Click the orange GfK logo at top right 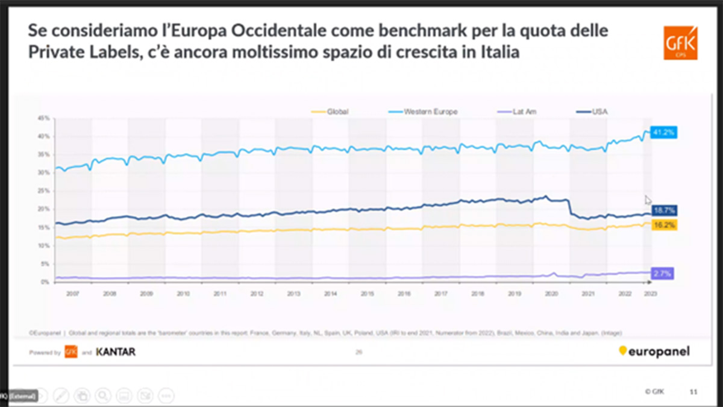tap(680, 43)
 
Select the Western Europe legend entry tap(430, 112)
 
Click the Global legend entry tap(337, 112)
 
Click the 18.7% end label tap(664, 211)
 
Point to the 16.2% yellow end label tap(664, 225)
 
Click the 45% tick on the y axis tap(43, 118)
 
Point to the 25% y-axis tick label tap(43, 191)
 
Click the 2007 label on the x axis tap(73, 294)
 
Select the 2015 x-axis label tap(367, 294)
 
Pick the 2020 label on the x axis tap(551, 294)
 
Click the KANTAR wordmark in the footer tap(116, 352)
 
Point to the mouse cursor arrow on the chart tap(648, 200)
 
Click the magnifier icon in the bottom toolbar tap(103, 396)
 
